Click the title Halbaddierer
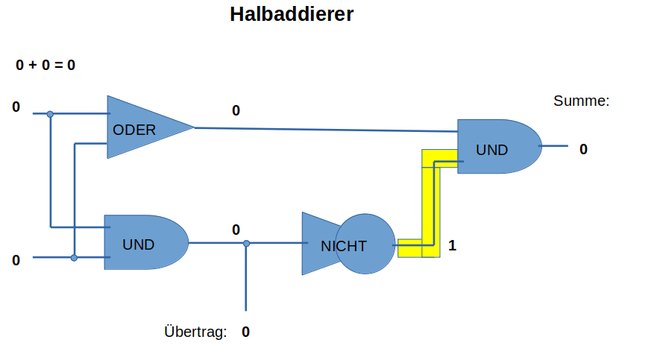292,14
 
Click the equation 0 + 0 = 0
45,65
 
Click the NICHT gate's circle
364,244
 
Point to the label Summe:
581,101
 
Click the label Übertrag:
195,332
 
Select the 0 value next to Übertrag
245,332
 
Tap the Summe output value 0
583,149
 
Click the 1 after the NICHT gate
452,244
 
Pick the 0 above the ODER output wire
236,111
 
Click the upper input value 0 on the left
16,107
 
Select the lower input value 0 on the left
16,260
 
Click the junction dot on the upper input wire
50,114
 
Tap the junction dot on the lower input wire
74,258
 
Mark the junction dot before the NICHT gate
246,243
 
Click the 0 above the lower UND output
236,230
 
